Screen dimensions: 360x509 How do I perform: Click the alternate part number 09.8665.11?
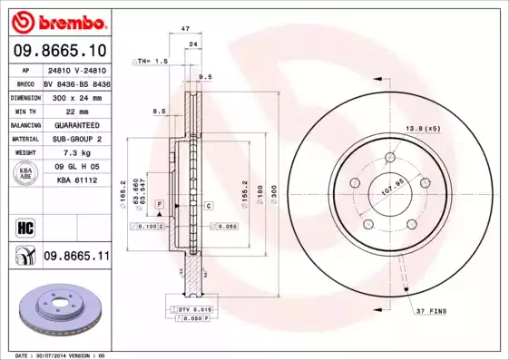coord(76,258)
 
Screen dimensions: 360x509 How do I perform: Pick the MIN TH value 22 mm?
coord(76,111)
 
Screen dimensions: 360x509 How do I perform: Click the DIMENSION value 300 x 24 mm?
coord(76,96)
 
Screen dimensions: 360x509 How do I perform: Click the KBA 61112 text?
coord(76,180)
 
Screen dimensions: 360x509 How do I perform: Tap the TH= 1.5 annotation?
coord(151,61)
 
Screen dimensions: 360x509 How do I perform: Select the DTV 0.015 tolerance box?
coord(192,310)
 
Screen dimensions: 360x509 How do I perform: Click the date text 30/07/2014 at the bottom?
coord(61,355)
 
